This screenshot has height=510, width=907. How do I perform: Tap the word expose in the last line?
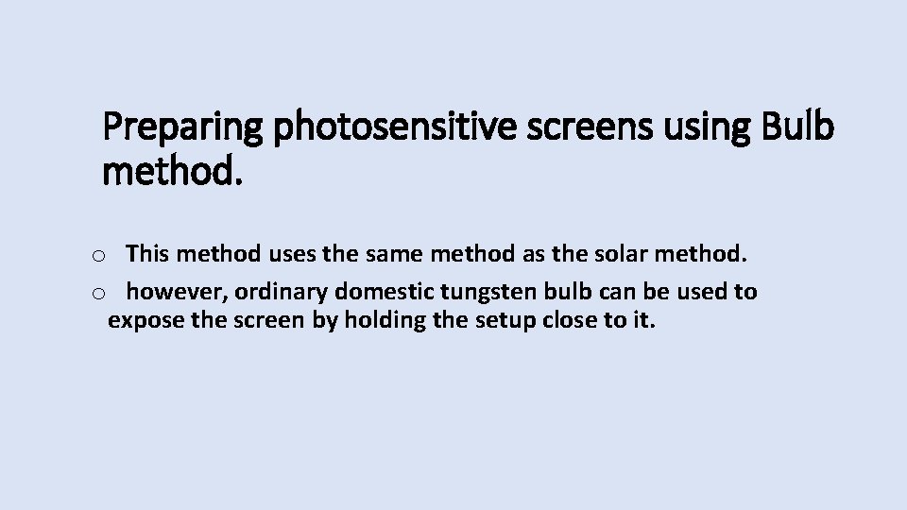pos(145,320)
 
